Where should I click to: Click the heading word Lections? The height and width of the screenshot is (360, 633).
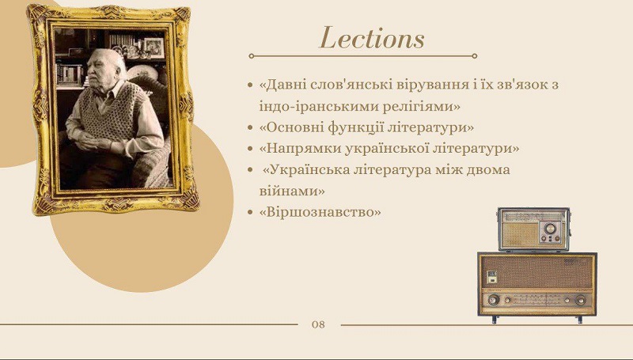click(372, 38)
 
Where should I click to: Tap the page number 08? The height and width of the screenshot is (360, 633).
click(318, 324)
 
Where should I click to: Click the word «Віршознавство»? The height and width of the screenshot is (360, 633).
click(320, 212)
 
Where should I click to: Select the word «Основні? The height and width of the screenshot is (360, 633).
click(290, 127)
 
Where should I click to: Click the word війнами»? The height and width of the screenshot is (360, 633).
click(292, 191)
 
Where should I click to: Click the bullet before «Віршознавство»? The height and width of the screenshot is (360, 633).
click(251, 212)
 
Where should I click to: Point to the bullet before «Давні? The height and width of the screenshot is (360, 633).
click(251, 85)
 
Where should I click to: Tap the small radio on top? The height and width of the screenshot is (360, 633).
click(533, 229)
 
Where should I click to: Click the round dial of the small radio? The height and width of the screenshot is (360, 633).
click(550, 229)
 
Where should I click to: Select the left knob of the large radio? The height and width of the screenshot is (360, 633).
click(493, 300)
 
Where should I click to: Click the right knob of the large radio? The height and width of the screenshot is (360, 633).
click(581, 301)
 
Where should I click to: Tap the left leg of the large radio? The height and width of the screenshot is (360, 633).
click(494, 320)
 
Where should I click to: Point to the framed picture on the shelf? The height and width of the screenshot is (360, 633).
click(154, 47)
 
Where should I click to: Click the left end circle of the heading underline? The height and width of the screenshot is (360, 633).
click(251, 56)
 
